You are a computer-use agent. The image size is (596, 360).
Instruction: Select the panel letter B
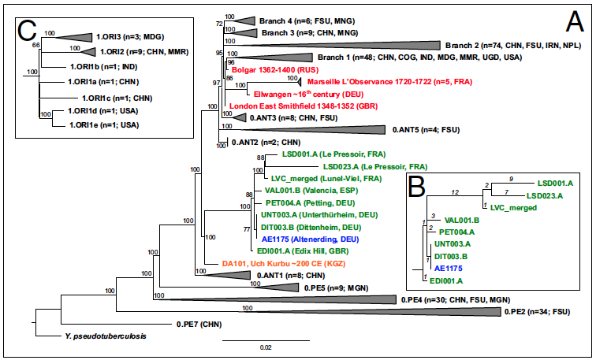point(418,186)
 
